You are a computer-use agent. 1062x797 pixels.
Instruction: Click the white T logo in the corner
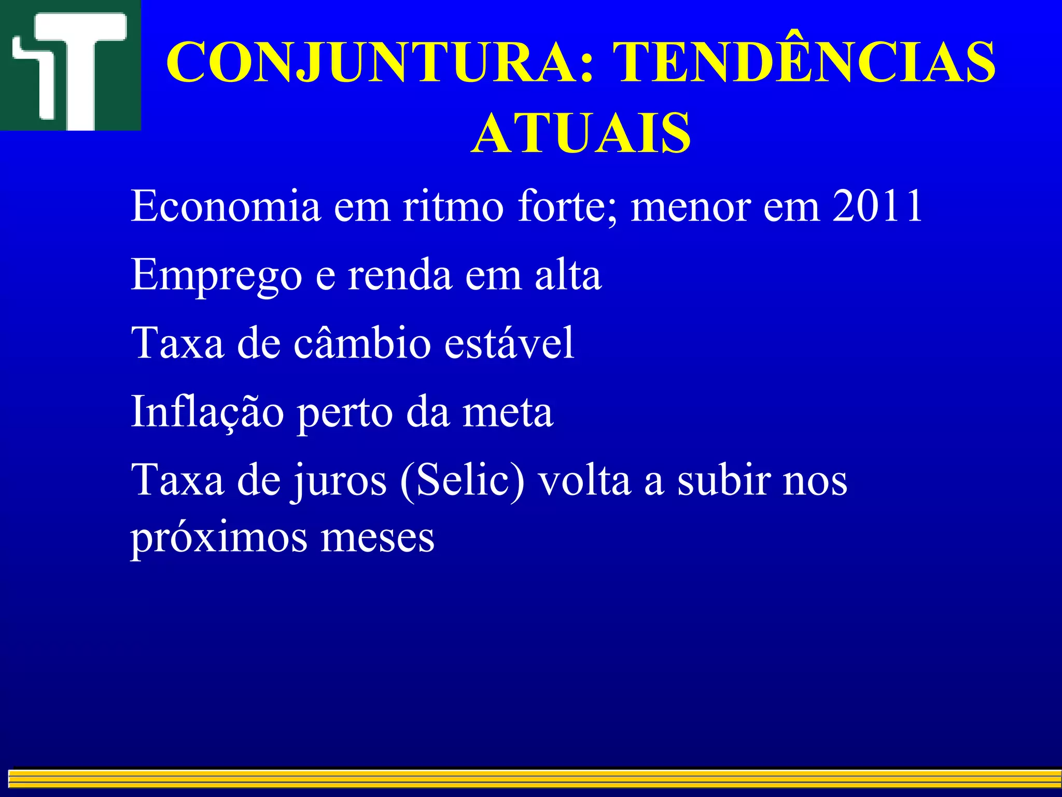[70, 65]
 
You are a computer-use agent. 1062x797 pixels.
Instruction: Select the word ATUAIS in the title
[581, 133]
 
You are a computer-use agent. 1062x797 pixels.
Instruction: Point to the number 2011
[877, 206]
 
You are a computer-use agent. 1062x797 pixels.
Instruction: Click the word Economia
[226, 206]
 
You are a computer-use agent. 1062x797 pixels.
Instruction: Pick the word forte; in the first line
[568, 206]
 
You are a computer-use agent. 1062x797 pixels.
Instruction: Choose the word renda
[400, 275]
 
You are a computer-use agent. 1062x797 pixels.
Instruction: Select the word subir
[724, 480]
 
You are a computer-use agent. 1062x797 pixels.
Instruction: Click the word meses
[378, 538]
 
